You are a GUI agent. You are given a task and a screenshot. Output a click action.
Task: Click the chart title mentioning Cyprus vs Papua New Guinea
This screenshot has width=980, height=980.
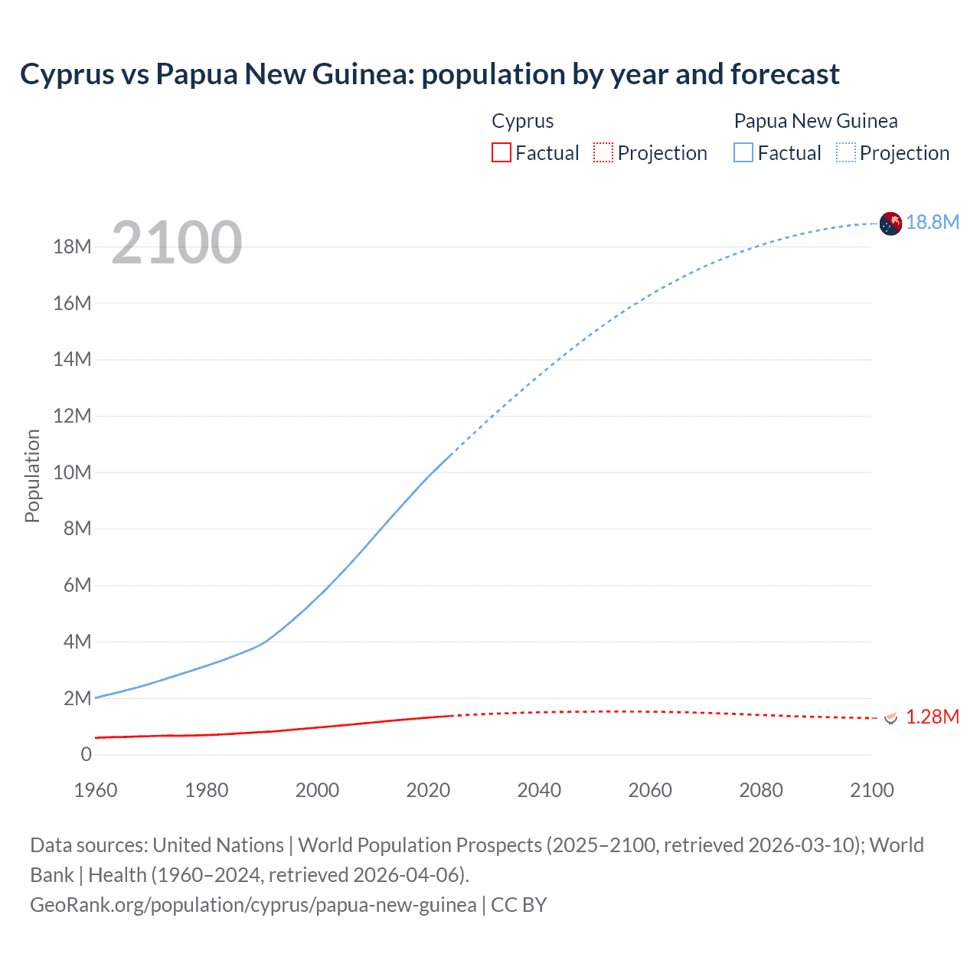[430, 74]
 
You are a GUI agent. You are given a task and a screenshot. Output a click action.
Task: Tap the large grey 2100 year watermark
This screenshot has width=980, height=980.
[177, 243]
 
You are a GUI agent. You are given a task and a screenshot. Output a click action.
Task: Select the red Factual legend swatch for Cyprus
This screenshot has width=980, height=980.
[501, 153]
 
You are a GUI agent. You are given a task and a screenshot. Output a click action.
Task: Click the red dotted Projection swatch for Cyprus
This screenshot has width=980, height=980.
[603, 153]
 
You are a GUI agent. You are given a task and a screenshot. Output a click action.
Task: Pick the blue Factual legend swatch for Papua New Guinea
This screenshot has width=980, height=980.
[743, 153]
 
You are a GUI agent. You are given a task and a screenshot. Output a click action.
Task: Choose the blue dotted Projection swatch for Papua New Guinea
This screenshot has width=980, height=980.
[846, 153]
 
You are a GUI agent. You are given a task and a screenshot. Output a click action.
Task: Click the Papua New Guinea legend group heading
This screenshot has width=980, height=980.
[815, 121]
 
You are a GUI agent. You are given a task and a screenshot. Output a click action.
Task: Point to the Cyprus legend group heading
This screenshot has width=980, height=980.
[522, 121]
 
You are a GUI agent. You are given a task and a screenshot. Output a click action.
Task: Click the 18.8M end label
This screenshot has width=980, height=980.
[933, 222]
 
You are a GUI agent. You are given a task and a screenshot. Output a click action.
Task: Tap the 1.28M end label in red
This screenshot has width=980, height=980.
[933, 717]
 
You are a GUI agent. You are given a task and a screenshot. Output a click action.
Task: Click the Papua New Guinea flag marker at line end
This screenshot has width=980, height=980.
[890, 224]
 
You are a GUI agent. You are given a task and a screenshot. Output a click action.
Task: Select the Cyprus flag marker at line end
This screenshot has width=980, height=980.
[890, 717]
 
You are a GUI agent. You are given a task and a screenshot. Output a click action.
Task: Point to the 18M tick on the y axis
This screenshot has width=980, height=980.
[72, 247]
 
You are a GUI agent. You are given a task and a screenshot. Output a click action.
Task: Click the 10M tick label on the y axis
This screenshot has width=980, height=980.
[72, 472]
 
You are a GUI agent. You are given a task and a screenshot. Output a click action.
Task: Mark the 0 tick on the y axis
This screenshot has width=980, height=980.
[86, 754]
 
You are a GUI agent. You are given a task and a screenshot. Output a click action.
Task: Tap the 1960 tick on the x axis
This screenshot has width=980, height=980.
[96, 790]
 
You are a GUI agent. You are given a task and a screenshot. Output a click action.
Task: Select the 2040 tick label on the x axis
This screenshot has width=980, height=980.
[539, 790]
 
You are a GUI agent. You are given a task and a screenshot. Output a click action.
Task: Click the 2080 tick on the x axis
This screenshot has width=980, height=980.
[761, 790]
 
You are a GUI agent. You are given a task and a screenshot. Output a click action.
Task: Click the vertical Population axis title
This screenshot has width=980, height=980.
[32, 475]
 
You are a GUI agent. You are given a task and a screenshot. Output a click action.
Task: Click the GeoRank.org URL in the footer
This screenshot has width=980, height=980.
[253, 905]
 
